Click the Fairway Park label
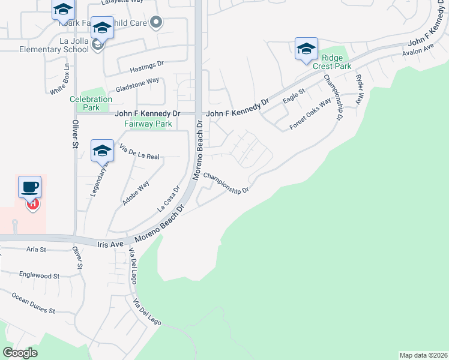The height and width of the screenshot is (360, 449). [148, 124]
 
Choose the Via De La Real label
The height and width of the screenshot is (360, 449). [139, 152]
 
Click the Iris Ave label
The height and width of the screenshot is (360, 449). [110, 244]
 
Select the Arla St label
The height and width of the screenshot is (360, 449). [37, 248]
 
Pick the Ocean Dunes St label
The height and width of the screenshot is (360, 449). [33, 304]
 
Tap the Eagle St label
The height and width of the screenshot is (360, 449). [294, 96]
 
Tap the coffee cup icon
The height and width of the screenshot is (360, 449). [29, 187]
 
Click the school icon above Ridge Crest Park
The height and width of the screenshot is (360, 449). [306, 49]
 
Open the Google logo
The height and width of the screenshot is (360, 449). [20, 353]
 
